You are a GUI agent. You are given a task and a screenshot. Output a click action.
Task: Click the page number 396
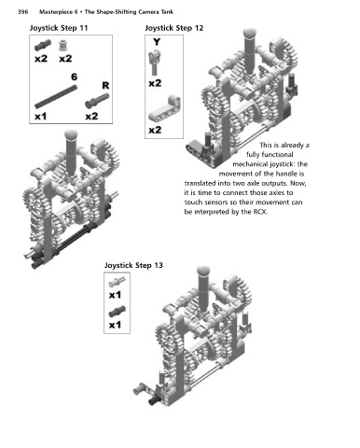point(22,12)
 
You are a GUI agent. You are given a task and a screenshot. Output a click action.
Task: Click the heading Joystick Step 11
point(59,28)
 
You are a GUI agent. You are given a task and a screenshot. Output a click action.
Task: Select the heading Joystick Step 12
point(174,28)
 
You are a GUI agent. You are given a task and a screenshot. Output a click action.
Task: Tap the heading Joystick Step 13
point(133,265)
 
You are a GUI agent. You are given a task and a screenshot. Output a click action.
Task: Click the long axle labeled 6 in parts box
point(56,97)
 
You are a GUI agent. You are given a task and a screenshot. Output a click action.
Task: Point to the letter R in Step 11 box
point(105,85)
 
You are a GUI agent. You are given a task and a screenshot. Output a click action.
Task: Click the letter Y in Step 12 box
point(157,42)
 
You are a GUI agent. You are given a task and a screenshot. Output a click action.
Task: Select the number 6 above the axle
point(74,77)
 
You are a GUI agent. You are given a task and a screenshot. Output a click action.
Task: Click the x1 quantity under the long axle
point(41,117)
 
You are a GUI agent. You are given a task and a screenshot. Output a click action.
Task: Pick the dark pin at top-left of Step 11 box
point(43,45)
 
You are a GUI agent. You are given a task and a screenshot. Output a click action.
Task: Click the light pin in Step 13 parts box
point(117,282)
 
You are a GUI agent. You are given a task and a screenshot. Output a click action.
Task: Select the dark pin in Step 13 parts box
point(118,311)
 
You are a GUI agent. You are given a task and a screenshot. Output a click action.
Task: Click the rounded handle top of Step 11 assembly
point(71,135)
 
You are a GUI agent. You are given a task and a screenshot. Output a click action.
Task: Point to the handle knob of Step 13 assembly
point(203,271)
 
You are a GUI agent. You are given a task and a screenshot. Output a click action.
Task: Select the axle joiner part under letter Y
point(155,63)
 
